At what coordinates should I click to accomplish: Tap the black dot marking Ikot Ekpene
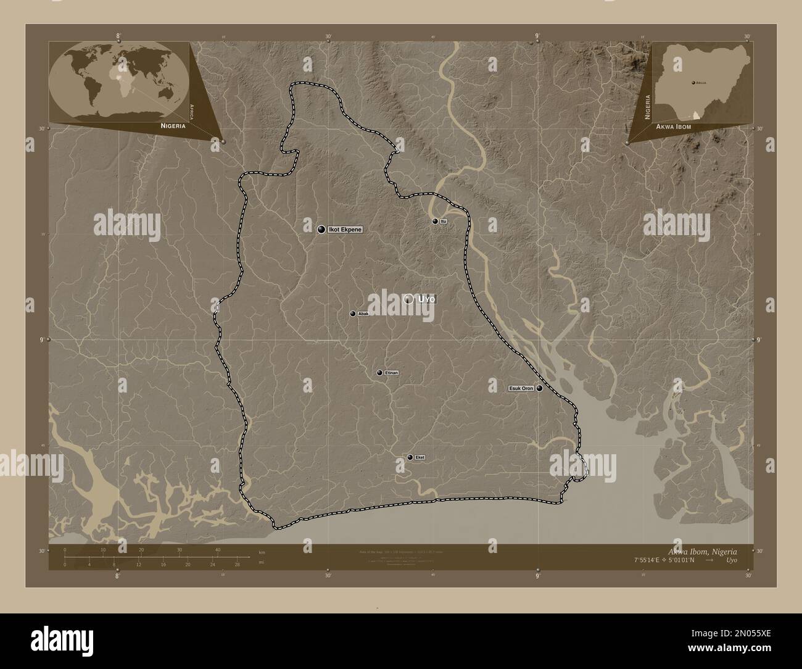(x=321, y=230)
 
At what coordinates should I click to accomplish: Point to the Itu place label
(x=444, y=221)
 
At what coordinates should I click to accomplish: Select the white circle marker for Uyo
(x=408, y=299)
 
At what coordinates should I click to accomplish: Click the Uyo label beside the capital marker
(x=427, y=299)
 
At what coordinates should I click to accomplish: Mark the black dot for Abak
(x=353, y=314)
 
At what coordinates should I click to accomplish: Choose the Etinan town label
(x=392, y=373)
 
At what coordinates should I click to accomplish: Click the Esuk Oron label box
(x=521, y=388)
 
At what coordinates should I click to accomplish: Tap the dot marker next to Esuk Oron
(x=540, y=388)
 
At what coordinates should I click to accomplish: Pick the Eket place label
(x=420, y=457)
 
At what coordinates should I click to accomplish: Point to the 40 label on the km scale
(x=218, y=549)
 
